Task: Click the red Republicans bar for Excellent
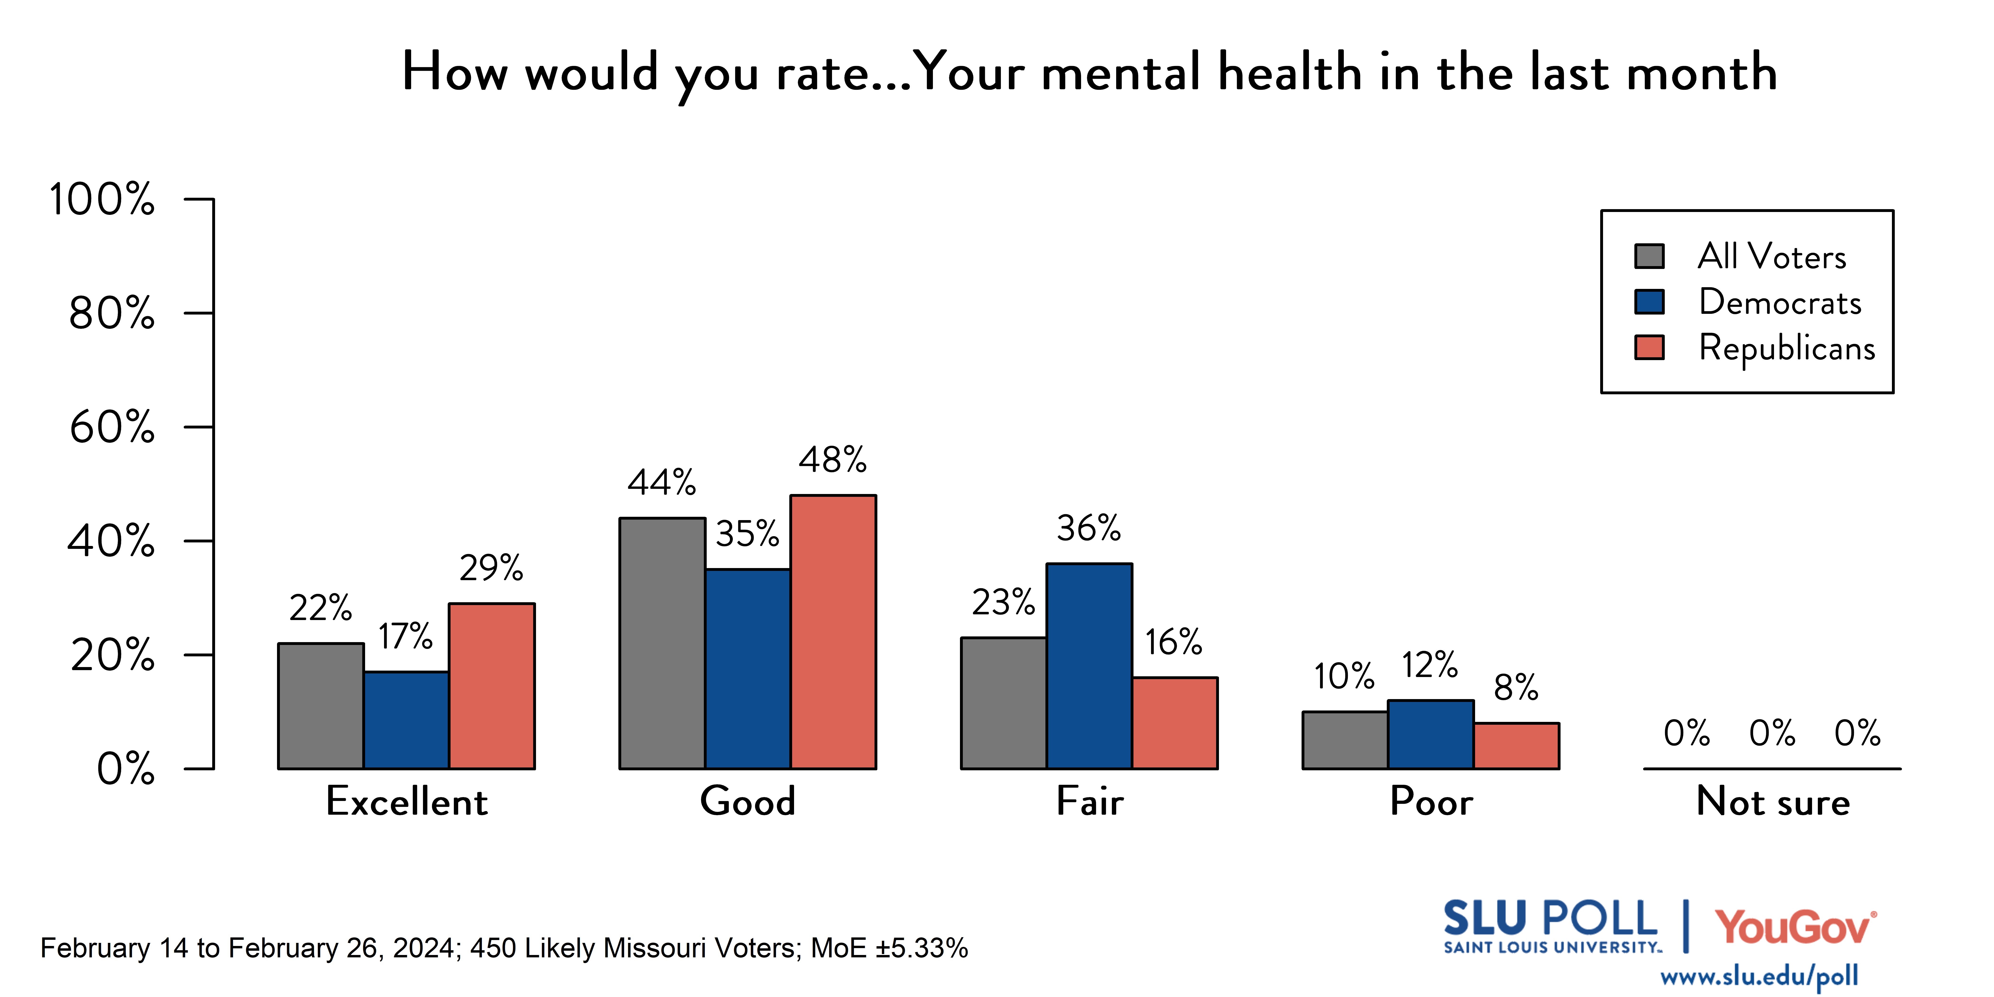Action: tap(492, 686)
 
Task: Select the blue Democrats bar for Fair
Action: tap(1089, 666)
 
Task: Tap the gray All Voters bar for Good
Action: tap(662, 643)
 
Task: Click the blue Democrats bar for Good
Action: tap(748, 669)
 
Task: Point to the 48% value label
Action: tap(833, 460)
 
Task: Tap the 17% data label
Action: tap(406, 636)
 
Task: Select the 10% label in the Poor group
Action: tap(1345, 677)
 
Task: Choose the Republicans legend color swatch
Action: tap(1650, 348)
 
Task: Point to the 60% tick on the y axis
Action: tap(199, 427)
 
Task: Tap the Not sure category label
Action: tap(1773, 801)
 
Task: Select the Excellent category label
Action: tap(406, 801)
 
